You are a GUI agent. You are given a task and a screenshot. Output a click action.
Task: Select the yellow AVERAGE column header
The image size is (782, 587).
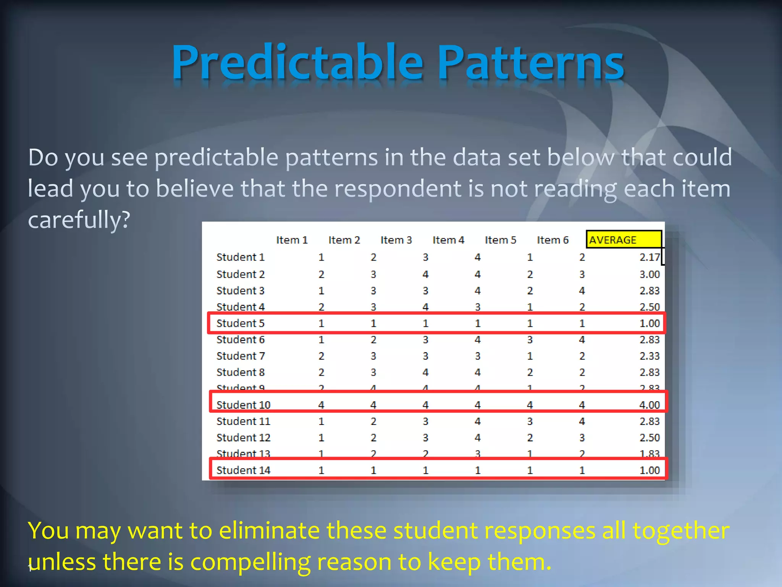tap(623, 240)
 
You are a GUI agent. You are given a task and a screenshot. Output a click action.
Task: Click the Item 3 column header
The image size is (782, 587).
tap(396, 240)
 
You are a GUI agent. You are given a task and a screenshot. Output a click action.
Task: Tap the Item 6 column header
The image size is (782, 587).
tap(553, 240)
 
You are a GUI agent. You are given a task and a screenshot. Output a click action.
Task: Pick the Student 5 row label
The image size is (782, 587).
tap(240, 323)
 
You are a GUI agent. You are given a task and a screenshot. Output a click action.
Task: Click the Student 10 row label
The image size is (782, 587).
tap(243, 405)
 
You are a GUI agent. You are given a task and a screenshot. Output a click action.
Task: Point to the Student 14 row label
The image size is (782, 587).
tap(243, 470)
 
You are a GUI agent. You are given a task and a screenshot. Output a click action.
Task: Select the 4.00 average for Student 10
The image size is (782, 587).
tap(649, 405)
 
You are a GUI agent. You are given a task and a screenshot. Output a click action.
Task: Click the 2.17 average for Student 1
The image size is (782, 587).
tap(649, 257)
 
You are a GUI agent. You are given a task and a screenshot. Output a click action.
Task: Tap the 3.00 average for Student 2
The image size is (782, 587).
tap(649, 274)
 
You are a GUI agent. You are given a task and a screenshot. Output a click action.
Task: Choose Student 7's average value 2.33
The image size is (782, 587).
tap(649, 356)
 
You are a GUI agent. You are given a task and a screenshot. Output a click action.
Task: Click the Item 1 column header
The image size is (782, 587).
tap(292, 240)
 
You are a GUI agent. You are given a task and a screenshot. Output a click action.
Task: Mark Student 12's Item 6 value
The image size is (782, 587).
tap(582, 438)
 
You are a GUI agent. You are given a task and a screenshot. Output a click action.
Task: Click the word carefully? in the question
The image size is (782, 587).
tap(79, 220)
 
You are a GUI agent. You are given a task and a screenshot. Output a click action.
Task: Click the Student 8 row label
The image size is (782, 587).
tap(240, 372)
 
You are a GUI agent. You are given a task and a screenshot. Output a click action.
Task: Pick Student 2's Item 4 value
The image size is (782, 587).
tap(477, 274)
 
